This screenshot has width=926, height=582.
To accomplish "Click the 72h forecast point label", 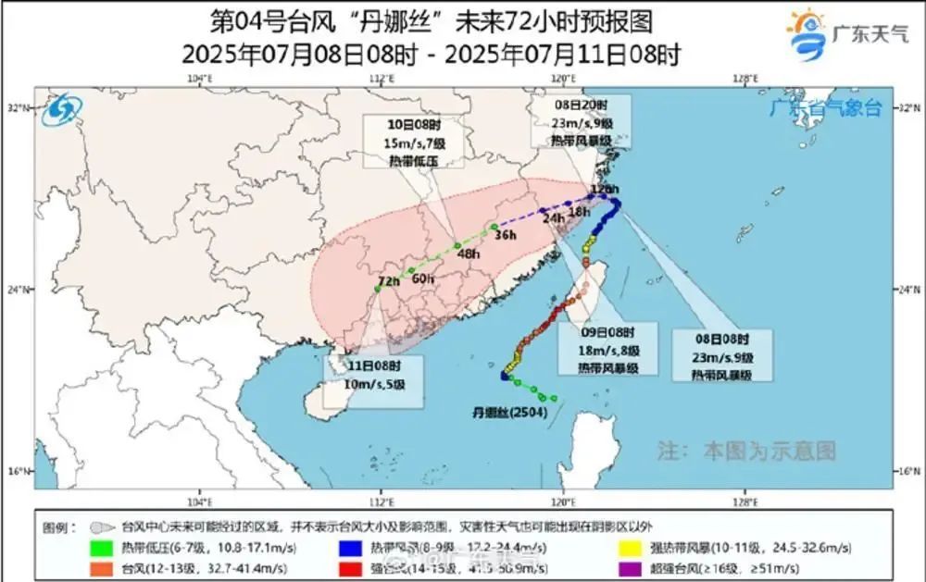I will coord(388,281).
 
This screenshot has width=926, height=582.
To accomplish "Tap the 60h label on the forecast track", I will coord(423,279).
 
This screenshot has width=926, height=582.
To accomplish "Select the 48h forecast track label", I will coord(469,254).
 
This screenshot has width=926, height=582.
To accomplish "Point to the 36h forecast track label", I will coord(505,235).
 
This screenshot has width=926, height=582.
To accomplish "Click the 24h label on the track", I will coord(553,218).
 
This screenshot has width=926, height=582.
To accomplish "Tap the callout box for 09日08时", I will coord(607,349).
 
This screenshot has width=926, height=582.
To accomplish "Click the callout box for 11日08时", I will coord(374,379).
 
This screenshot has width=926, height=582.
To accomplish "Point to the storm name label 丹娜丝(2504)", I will coord(509,412).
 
